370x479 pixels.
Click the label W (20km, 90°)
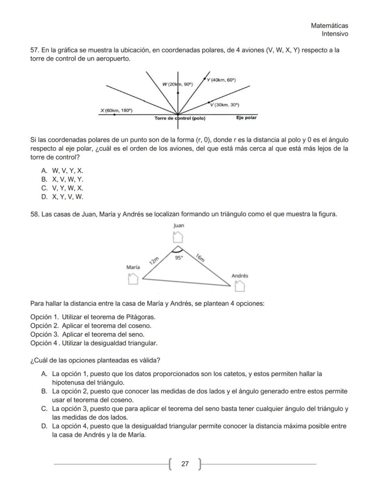(x=177, y=84)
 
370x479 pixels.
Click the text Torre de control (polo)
(x=180, y=119)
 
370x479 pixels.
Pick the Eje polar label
(x=247, y=119)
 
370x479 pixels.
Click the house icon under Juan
(x=178, y=236)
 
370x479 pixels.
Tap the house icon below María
(x=133, y=278)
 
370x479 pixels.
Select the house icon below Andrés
(x=240, y=285)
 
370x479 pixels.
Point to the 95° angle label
(x=179, y=258)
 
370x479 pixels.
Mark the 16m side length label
(x=200, y=257)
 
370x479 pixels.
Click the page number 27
(x=185, y=464)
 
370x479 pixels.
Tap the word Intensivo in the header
(x=335, y=34)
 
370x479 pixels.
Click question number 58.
(x=35, y=214)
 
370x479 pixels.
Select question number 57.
(x=35, y=50)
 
